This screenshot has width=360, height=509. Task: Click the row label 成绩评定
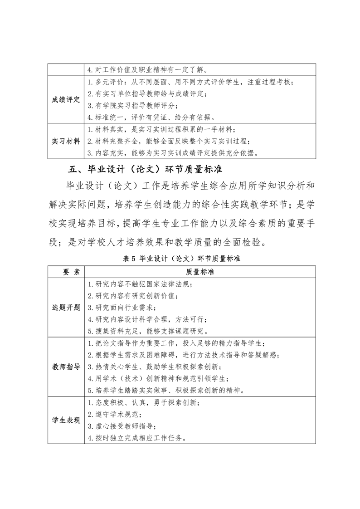(x=66, y=100)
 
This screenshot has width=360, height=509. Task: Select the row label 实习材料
(x=66, y=141)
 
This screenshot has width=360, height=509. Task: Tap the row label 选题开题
(x=66, y=307)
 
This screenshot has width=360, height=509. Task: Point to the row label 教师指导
(x=66, y=366)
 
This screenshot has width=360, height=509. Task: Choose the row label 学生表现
(x=66, y=420)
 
